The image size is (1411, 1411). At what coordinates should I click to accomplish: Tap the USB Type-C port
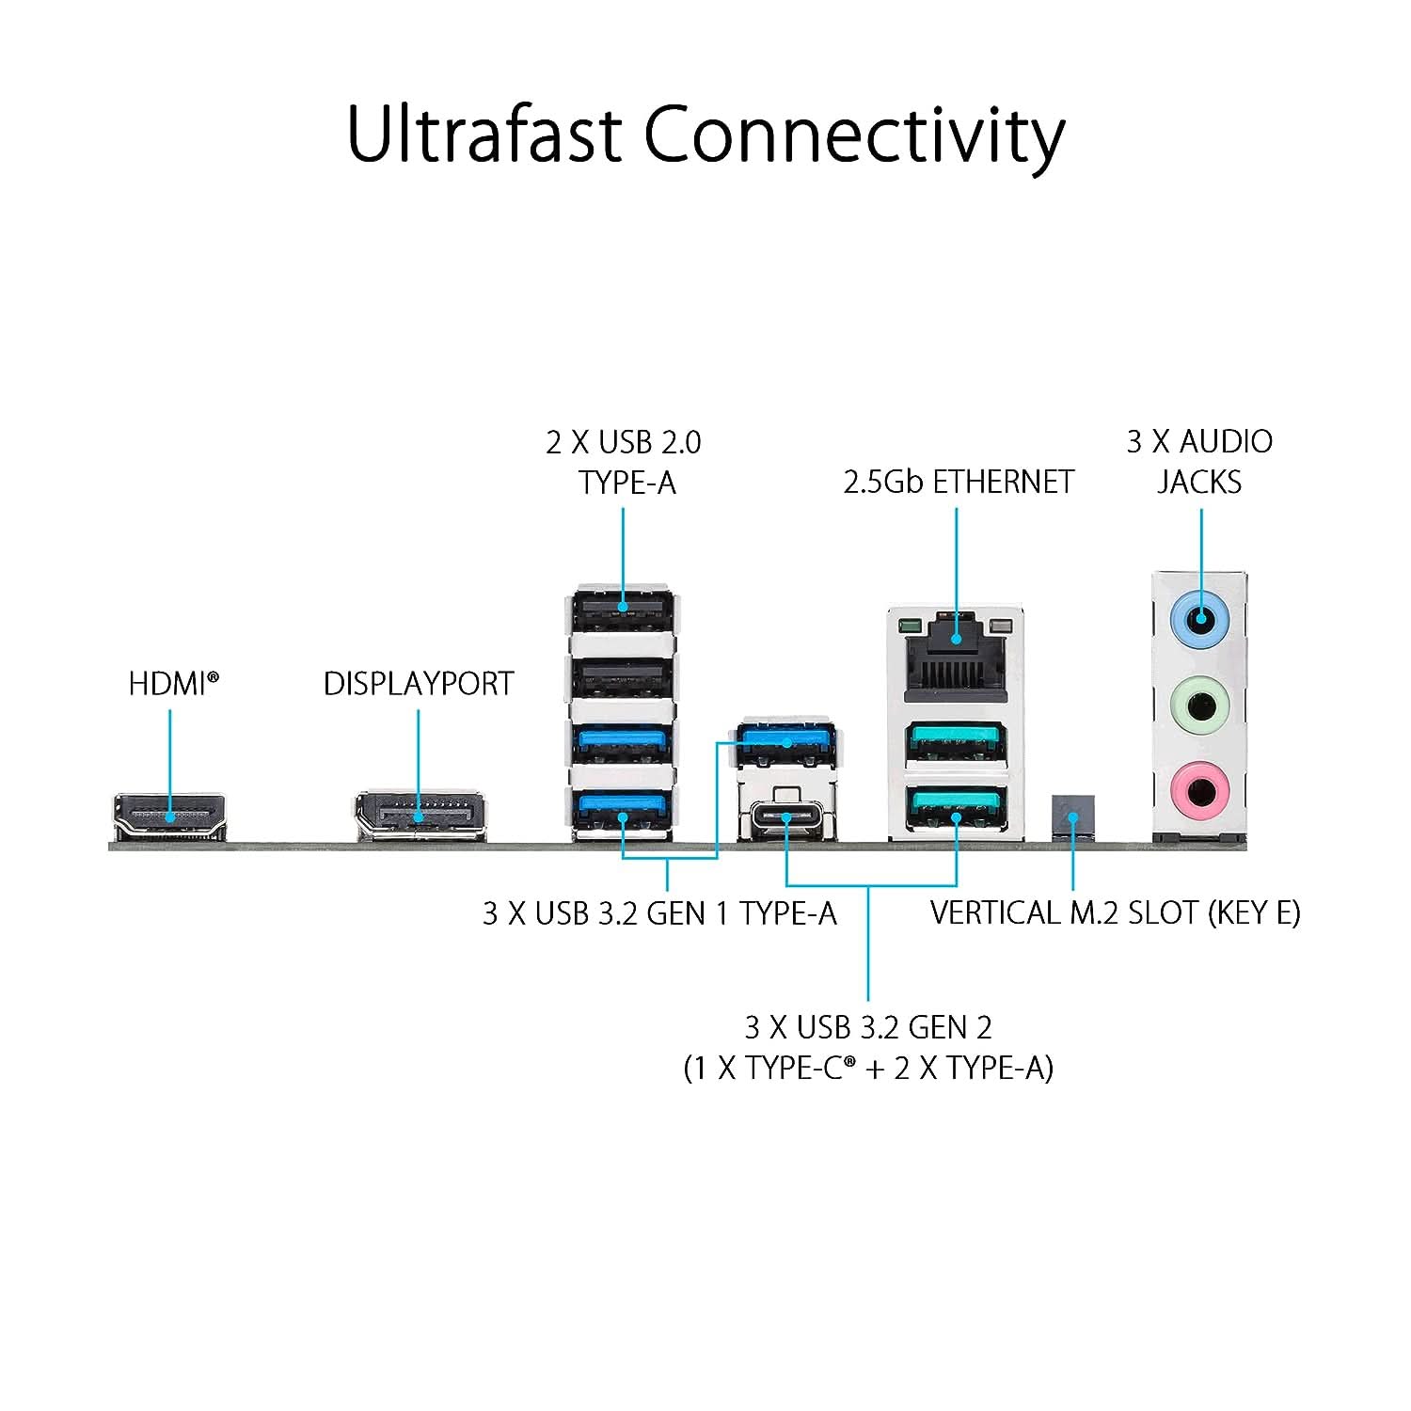[786, 817]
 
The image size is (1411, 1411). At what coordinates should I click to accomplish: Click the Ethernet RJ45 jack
[956, 655]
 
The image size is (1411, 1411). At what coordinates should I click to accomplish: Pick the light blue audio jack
[1199, 619]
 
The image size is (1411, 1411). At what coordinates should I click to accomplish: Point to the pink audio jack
[1199, 790]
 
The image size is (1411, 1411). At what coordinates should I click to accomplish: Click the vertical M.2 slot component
[1072, 815]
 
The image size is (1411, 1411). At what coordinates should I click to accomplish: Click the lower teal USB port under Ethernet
[956, 806]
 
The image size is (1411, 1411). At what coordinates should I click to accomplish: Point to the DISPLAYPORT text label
[419, 684]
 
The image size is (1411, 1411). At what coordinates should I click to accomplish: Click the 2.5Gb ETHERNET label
[958, 482]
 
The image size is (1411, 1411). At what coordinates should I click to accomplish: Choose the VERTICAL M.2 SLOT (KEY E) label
[1115, 912]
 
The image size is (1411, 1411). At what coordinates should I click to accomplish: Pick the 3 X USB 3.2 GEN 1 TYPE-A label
[659, 912]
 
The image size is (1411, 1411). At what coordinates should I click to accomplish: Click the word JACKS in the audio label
[1199, 482]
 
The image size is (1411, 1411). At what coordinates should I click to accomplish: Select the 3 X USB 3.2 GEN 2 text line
[867, 1027]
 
